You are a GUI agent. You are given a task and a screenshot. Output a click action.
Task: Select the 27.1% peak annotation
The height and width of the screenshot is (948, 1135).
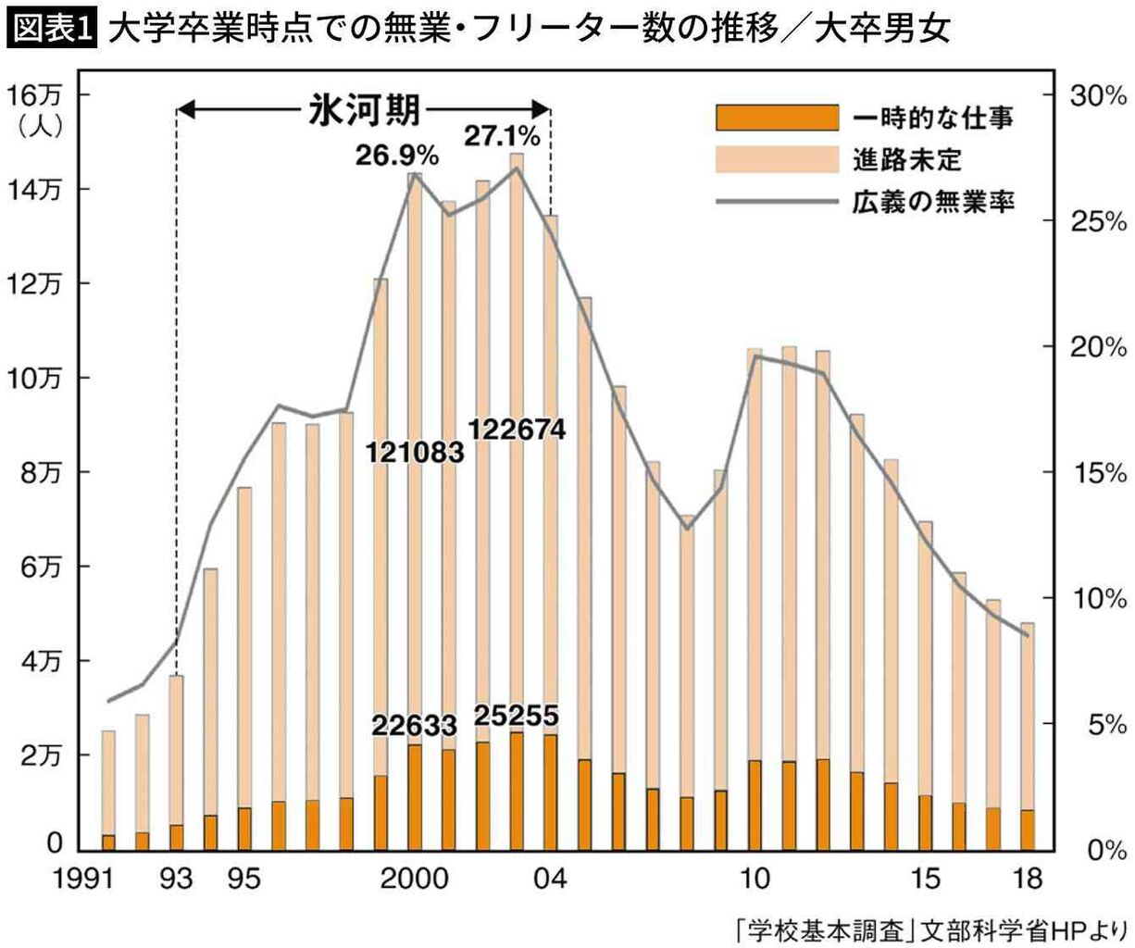pos(502,137)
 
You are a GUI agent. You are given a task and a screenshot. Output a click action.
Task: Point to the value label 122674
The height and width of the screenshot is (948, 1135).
pos(517,430)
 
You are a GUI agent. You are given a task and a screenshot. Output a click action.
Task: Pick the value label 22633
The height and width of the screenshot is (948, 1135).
pos(415,725)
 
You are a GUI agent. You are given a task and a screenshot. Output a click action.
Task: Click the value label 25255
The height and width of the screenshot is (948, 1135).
pos(517,716)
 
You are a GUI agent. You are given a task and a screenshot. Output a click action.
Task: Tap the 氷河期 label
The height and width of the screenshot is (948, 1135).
pos(365,111)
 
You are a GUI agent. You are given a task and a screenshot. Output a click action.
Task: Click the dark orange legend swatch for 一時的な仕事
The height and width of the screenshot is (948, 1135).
pos(777,118)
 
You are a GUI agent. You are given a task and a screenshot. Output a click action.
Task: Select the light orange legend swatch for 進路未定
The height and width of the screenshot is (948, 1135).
pos(777,159)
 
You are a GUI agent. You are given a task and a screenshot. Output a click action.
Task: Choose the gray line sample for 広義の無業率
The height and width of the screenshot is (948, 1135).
pos(777,201)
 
